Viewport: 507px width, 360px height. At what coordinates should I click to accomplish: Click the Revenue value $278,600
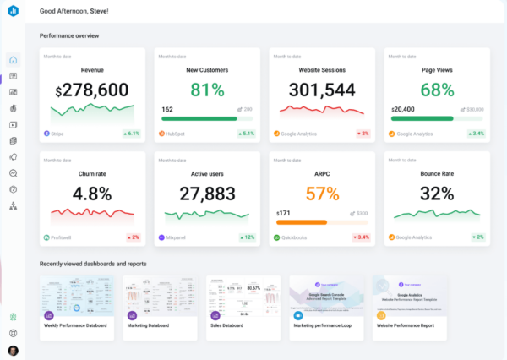coord(92,90)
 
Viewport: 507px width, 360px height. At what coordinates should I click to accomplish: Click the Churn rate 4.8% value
coord(92,194)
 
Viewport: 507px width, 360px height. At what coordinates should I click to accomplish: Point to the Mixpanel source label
coord(176,237)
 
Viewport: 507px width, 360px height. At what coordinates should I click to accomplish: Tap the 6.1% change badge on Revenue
coord(131,134)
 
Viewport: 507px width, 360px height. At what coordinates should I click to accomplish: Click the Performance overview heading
coord(69,35)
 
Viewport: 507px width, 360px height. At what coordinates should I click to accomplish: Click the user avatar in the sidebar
coord(13,350)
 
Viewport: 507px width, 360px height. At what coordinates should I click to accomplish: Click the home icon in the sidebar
coord(13,61)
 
